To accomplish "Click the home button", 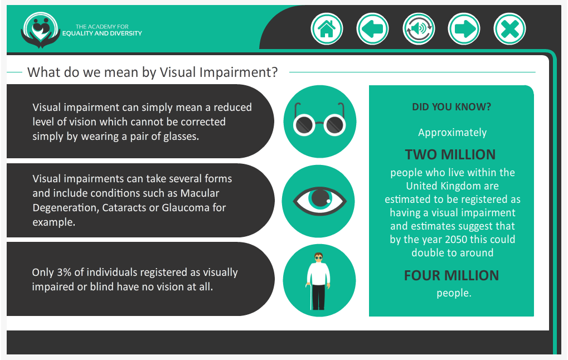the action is (x=327, y=29).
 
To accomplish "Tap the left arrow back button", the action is (x=372, y=29).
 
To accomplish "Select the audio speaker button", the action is (x=419, y=29).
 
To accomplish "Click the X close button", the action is (x=509, y=29).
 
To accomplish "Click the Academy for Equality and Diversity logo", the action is (x=41, y=30).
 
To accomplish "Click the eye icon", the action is (x=319, y=201).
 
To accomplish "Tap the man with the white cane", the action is (x=319, y=281).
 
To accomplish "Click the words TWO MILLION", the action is (x=450, y=155).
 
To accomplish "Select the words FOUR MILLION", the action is (x=452, y=276).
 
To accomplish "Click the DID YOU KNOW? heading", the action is (x=452, y=107).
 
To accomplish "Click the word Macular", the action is (x=200, y=193).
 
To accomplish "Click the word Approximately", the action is (x=453, y=133).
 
